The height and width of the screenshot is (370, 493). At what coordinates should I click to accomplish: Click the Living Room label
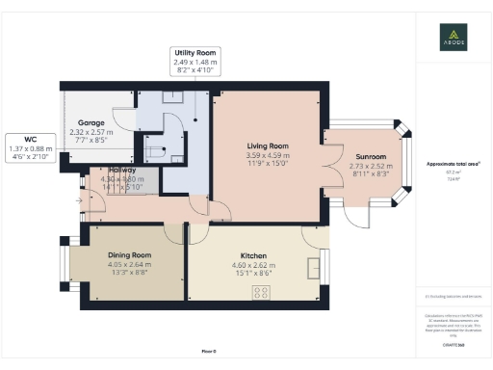(267, 146)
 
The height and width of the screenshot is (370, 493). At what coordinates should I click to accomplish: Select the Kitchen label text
(254, 256)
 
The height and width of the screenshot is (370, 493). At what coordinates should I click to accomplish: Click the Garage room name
(91, 124)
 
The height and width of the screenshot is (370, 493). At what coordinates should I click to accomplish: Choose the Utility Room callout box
(195, 62)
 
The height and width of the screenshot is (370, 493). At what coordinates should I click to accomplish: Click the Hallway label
(120, 171)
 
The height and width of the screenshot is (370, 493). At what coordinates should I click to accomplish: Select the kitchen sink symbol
(315, 267)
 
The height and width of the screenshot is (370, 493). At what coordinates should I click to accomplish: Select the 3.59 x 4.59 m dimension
(267, 155)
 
